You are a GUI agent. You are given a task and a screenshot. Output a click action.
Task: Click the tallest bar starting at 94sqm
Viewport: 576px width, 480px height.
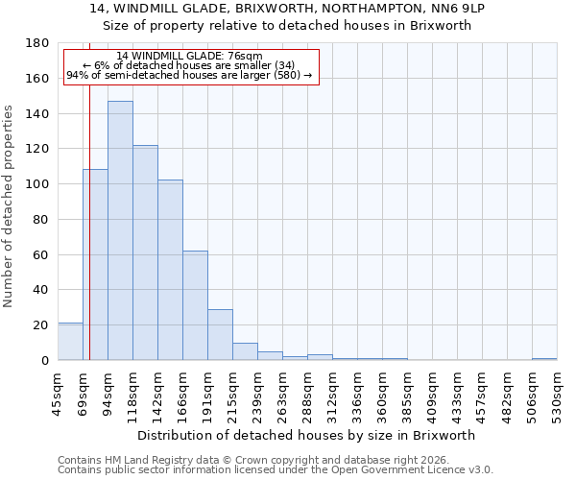click(x=120, y=230)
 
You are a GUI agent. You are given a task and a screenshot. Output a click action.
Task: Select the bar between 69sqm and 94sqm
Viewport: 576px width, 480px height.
click(x=95, y=265)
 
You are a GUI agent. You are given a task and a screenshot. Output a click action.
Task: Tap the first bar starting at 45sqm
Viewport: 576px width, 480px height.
click(x=70, y=342)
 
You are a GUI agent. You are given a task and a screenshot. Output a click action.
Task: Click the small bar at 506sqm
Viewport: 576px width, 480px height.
click(x=544, y=359)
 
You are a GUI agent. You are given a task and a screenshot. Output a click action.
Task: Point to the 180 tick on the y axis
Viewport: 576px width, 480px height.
click(x=37, y=43)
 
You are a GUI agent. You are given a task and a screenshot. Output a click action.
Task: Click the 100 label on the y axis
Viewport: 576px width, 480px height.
click(x=37, y=184)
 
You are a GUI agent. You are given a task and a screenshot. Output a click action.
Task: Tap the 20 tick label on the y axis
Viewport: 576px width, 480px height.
click(x=41, y=325)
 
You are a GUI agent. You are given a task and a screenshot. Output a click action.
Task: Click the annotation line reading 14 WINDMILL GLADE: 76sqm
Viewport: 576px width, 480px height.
click(x=189, y=56)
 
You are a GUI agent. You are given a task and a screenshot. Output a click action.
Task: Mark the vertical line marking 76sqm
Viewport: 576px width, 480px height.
click(x=89, y=221)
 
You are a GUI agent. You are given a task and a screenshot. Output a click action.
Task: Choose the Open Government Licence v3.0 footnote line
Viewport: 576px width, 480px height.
click(x=276, y=469)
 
